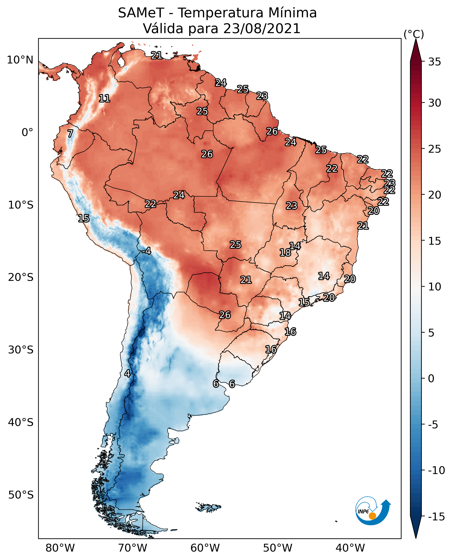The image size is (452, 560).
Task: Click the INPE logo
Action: [x=373, y=511]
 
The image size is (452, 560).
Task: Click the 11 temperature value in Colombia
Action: [x=104, y=98]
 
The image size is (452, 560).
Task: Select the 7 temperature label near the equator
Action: [x=70, y=133]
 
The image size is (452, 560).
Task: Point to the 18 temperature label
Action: [x=285, y=252]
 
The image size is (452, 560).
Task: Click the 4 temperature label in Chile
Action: [x=127, y=373]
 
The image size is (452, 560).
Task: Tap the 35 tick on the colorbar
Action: [x=434, y=62]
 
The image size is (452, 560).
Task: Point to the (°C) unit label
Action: [x=414, y=34]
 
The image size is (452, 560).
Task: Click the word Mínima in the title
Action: [x=292, y=13]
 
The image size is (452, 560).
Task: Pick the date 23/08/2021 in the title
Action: [x=262, y=29]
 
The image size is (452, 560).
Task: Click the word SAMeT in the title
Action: [x=141, y=13]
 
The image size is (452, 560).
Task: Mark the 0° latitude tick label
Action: [x=27, y=133]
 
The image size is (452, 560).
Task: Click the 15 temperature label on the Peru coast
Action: [x=84, y=218]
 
